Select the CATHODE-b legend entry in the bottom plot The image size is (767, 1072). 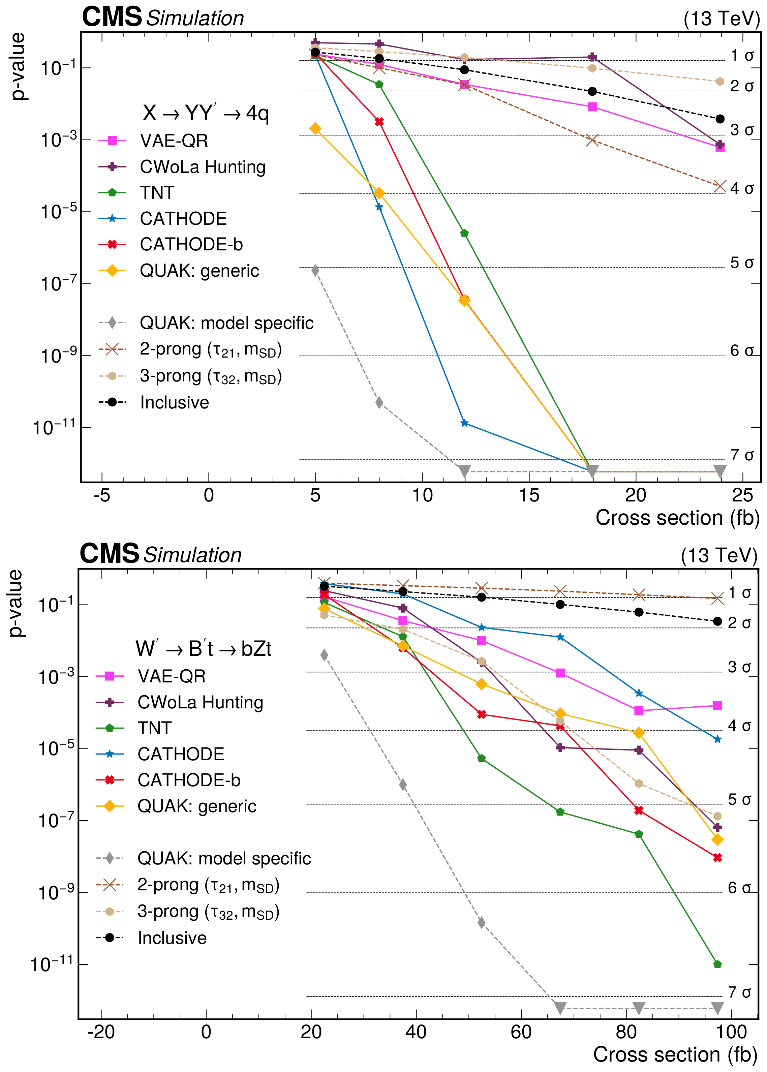click(189, 780)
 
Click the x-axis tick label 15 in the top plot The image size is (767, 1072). click(529, 495)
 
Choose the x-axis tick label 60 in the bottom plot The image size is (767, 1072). click(521, 1032)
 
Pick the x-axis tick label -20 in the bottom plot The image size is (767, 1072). click(101, 1032)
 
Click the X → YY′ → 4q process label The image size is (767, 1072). click(206, 113)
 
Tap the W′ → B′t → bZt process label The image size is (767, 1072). click(203, 648)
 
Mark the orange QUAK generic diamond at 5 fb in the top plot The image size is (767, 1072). click(315, 128)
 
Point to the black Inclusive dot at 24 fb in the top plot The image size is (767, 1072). click(720, 119)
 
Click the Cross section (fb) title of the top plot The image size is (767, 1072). click(677, 518)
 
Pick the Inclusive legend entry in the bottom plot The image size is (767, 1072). click(172, 938)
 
